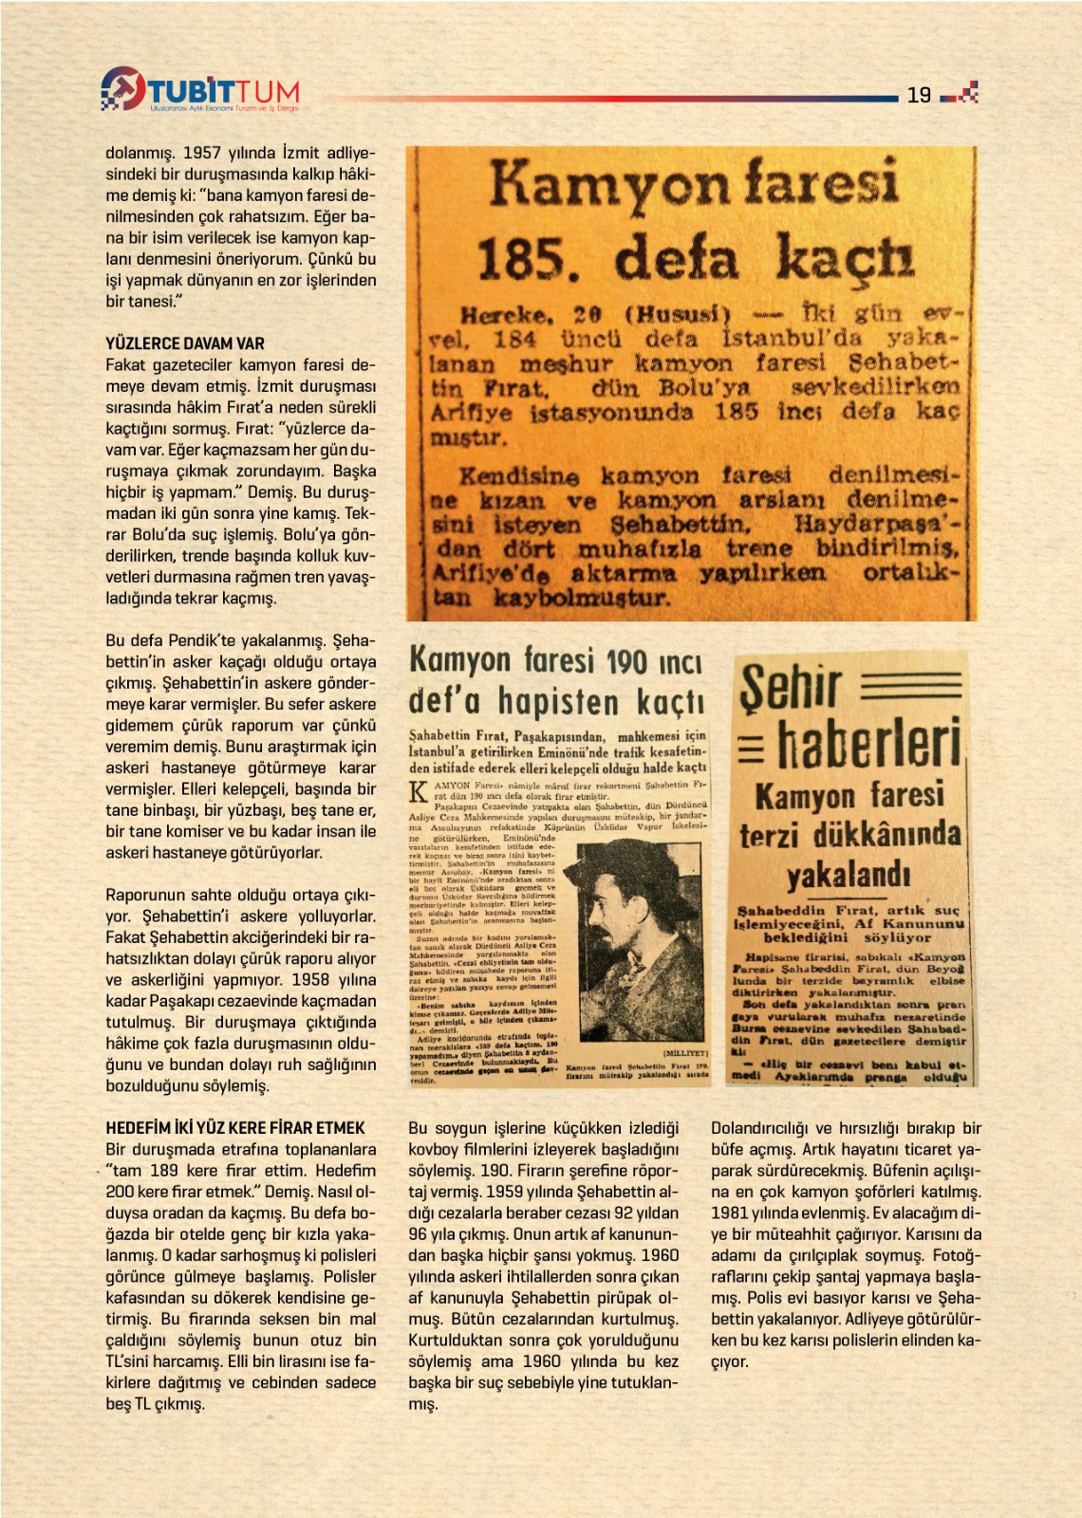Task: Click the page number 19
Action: tap(919, 95)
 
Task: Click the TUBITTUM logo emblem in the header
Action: tap(122, 88)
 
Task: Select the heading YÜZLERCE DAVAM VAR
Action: tap(185, 343)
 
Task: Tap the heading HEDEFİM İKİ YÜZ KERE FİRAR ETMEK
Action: tap(235, 1128)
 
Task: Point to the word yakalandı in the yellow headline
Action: tap(848, 875)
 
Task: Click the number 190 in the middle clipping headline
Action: tap(627, 661)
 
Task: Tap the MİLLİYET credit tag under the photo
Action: tap(685, 1053)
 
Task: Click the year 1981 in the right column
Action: tap(730, 1213)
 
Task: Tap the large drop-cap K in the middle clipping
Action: tap(418, 792)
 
